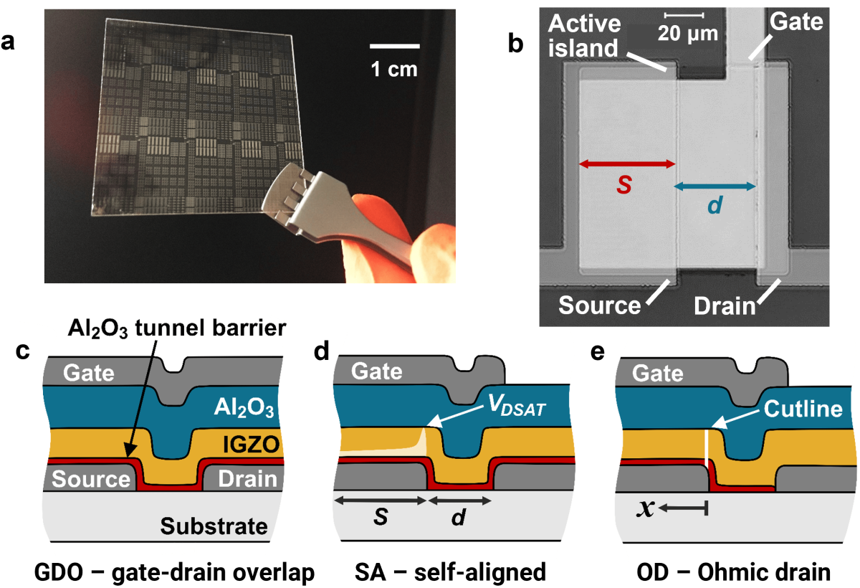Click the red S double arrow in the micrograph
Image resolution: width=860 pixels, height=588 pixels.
[627, 164]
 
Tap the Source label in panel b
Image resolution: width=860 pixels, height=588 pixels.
[599, 305]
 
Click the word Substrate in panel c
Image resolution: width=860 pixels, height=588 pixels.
[213, 527]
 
